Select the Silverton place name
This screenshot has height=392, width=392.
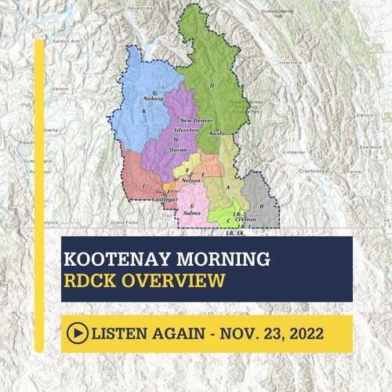pos(186,130)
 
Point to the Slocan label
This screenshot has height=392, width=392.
pos(177,149)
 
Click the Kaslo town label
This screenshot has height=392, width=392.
pos(217,134)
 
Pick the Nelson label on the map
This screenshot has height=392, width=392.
pos(191,180)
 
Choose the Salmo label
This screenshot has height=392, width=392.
pos(192,212)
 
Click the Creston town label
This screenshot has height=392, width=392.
pos(245,220)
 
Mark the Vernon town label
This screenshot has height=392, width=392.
pos(60,90)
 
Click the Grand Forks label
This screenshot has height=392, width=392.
pos(124,223)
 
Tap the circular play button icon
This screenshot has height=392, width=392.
pos(78,333)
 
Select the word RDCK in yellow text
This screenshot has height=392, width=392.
pos(96,280)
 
